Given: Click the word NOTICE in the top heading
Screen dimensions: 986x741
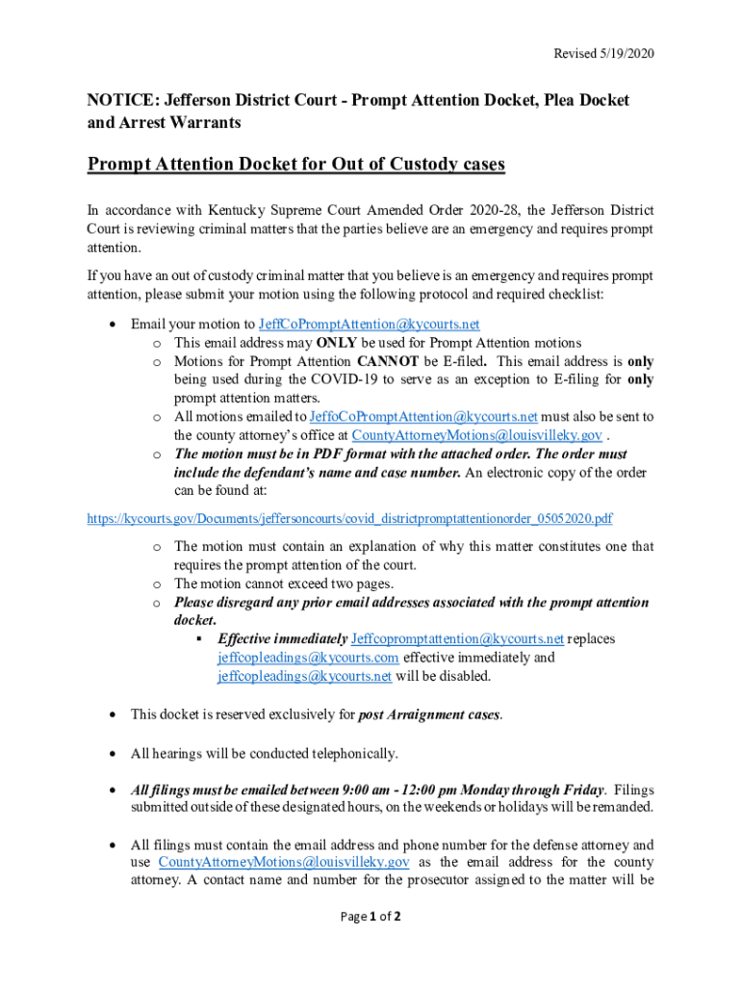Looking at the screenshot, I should (120, 100).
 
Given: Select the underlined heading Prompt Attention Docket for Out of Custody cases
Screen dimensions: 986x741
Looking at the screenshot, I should (296, 164).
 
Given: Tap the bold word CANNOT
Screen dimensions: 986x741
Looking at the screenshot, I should (388, 361).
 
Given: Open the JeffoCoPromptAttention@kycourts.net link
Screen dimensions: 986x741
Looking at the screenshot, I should (422, 417).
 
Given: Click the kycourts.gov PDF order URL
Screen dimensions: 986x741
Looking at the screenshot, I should (349, 519).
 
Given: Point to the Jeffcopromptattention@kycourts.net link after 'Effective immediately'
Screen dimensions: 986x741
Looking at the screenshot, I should (457, 639).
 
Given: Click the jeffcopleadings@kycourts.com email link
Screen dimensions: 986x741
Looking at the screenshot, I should (308, 658).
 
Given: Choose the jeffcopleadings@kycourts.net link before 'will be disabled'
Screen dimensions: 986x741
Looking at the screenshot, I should (304, 676).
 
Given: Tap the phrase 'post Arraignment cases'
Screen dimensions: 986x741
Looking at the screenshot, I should (429, 714).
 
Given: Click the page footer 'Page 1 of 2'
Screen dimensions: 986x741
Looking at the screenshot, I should (370, 917).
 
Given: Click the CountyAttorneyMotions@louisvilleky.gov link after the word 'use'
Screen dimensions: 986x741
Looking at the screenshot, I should (284, 862).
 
